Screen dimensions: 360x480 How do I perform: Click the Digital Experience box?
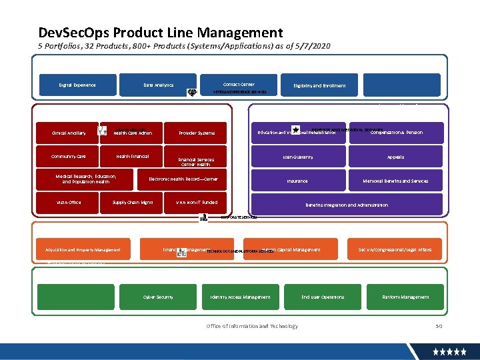tap(77, 85)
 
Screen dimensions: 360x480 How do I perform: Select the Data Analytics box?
tap(158, 85)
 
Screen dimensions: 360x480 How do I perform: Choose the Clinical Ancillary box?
tap(69, 133)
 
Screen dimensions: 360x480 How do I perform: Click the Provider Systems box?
tap(197, 133)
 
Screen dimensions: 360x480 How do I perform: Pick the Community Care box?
tap(69, 157)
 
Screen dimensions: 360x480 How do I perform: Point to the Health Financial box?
tap(132, 157)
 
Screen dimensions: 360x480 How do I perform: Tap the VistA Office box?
tap(69, 202)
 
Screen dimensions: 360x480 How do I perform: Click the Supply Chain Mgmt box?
tap(132, 202)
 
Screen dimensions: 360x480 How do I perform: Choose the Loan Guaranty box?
tap(297, 157)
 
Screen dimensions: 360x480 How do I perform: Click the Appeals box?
tap(395, 157)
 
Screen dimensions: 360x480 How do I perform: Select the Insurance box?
tap(297, 181)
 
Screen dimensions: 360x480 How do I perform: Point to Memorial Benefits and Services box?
tap(395, 181)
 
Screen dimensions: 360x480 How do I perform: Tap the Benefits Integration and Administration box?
tap(346, 205)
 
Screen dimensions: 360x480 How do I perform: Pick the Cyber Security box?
tap(158, 297)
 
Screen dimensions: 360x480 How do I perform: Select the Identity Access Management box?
tap(240, 297)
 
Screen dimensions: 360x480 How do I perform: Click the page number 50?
tap(438, 326)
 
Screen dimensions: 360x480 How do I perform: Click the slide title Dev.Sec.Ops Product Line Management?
tap(161, 33)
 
